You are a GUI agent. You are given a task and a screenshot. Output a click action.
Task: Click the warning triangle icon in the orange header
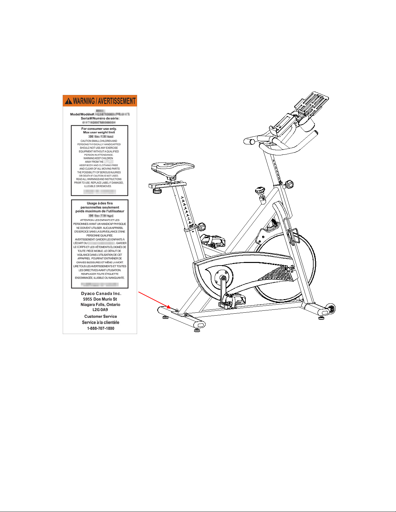click(x=69, y=101)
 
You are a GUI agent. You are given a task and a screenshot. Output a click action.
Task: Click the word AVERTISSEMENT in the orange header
click(x=117, y=101)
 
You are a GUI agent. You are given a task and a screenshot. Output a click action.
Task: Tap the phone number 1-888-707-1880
click(x=101, y=328)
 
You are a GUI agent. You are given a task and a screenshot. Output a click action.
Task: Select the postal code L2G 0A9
click(x=100, y=309)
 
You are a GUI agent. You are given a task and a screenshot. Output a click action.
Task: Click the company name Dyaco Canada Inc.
click(x=101, y=294)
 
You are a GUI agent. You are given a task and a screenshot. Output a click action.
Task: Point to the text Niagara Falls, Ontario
click(x=100, y=305)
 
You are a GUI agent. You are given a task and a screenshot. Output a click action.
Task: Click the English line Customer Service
click(x=101, y=317)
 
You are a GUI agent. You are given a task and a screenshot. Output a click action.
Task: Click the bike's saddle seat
click(x=173, y=168)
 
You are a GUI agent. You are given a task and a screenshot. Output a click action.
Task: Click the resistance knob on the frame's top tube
click(x=260, y=191)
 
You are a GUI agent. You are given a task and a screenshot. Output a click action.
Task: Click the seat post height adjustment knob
click(x=201, y=226)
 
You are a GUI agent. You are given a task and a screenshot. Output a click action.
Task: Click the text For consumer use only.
click(x=99, y=129)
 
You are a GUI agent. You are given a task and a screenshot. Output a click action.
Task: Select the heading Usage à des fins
click(x=100, y=203)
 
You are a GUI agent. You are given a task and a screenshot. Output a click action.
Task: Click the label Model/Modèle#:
click(x=82, y=114)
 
